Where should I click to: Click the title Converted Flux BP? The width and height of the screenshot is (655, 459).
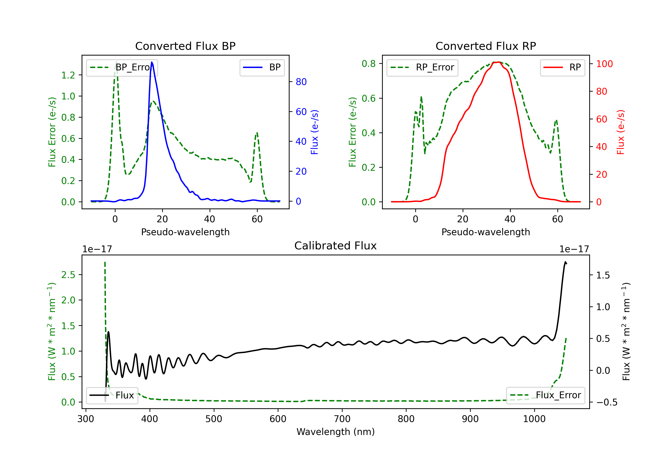(x=185, y=46)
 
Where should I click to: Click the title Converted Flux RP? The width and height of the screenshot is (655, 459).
(x=486, y=46)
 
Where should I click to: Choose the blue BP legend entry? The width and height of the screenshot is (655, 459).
(x=262, y=67)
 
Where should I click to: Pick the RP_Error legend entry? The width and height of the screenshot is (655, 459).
(x=422, y=67)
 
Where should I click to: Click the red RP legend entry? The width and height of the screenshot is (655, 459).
(x=562, y=67)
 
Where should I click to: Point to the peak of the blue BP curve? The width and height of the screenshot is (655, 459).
(x=152, y=62)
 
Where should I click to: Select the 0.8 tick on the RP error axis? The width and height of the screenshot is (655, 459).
(x=369, y=64)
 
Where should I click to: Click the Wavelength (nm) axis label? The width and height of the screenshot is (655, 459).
(x=336, y=432)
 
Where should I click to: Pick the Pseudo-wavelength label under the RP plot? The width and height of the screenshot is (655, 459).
(x=486, y=232)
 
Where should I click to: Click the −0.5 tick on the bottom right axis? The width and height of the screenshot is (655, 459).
(x=607, y=402)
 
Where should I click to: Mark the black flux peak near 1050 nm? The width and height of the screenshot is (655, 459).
(x=565, y=262)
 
